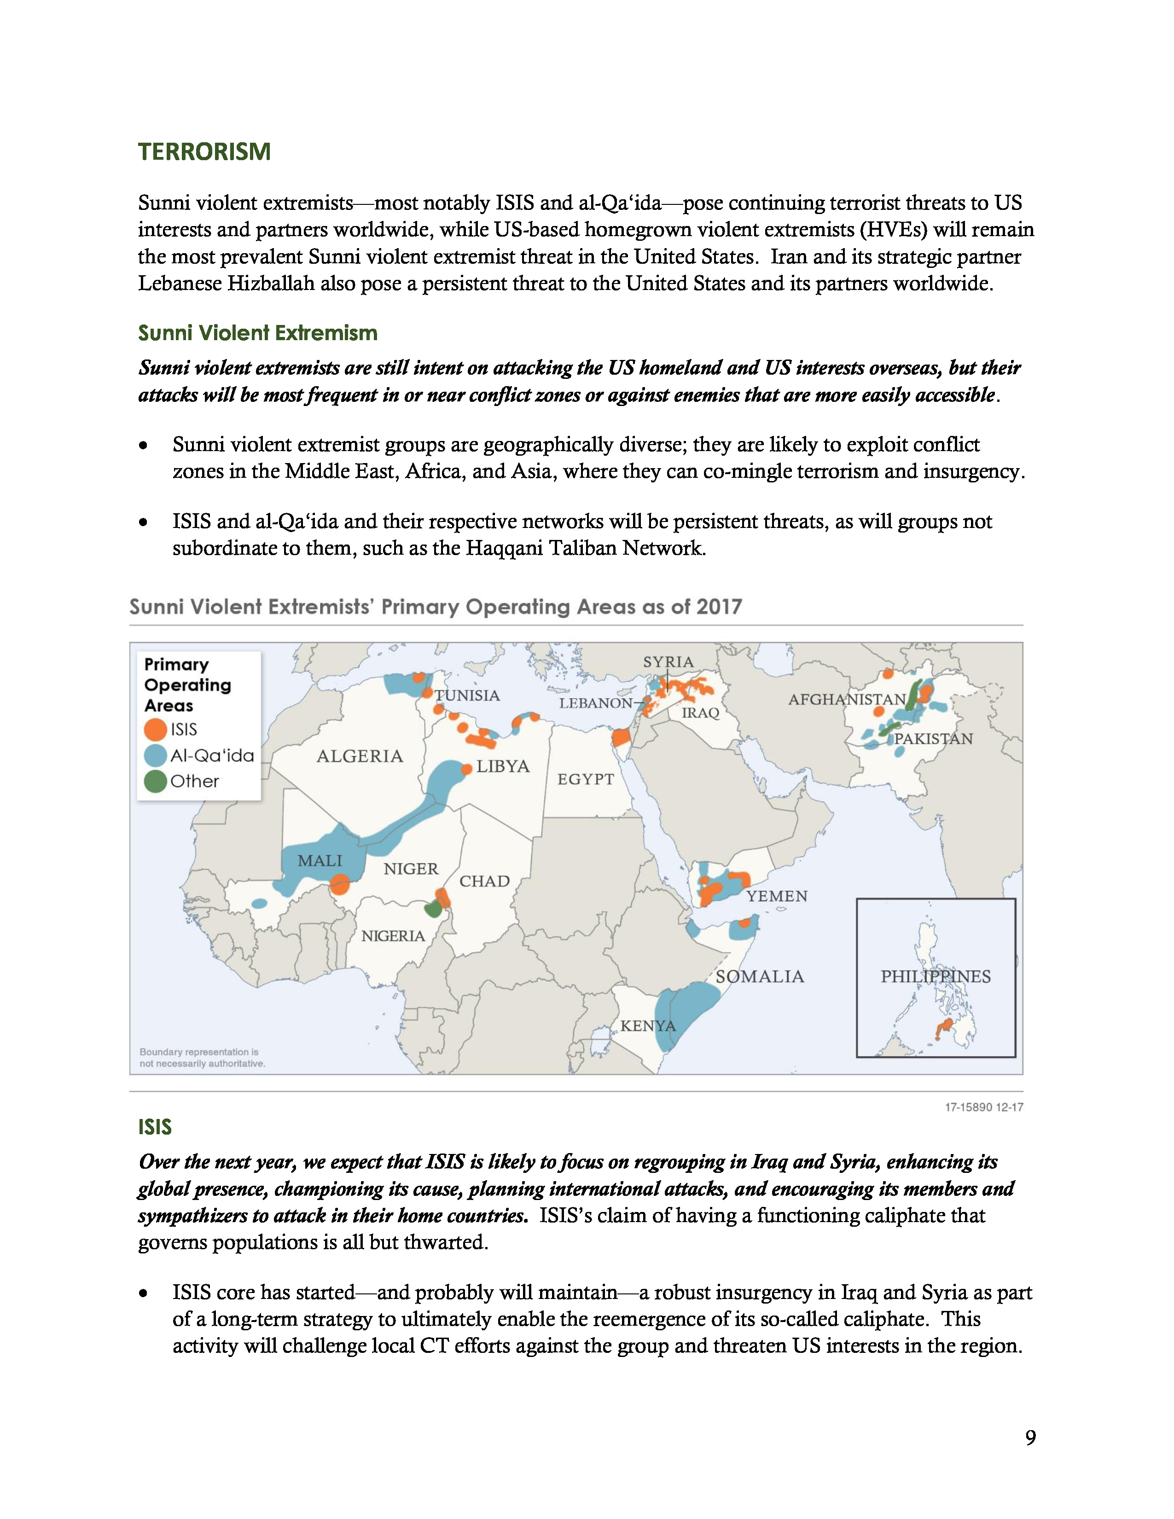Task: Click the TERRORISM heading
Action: pos(204,151)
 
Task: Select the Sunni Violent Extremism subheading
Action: pos(257,333)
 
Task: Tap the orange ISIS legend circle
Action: pos(155,730)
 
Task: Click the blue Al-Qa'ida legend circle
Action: pos(155,755)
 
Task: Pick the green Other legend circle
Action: pos(155,781)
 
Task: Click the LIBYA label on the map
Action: pos(503,766)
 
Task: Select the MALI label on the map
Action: pos(320,861)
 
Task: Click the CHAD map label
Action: pos(485,881)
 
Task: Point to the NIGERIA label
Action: pos(393,936)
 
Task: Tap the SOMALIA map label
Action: pos(760,976)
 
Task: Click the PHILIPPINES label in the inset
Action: pos(936,976)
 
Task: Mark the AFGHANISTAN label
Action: pos(846,700)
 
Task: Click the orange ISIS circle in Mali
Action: pos(339,885)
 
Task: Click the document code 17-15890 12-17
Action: pos(983,1107)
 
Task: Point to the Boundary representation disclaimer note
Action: pos(202,1058)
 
